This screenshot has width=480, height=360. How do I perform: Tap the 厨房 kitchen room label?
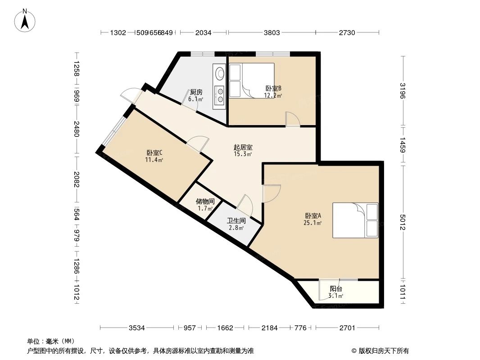(196, 92)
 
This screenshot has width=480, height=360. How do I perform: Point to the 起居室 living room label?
(243, 147)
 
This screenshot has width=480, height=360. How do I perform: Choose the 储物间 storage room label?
(205, 202)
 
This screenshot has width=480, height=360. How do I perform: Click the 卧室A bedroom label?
(313, 216)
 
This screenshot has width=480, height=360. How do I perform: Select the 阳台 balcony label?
(335, 289)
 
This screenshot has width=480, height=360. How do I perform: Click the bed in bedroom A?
(355, 220)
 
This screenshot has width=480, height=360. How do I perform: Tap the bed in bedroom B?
(251, 80)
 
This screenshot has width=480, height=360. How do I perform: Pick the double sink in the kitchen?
(220, 96)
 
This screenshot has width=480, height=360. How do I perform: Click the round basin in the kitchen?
(220, 72)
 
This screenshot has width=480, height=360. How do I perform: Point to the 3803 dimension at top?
(272, 32)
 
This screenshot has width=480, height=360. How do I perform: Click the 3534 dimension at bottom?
(136, 328)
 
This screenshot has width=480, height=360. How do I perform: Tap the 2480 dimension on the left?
(76, 129)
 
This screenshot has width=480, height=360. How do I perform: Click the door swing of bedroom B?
(293, 119)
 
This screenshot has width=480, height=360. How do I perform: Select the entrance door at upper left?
(129, 94)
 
